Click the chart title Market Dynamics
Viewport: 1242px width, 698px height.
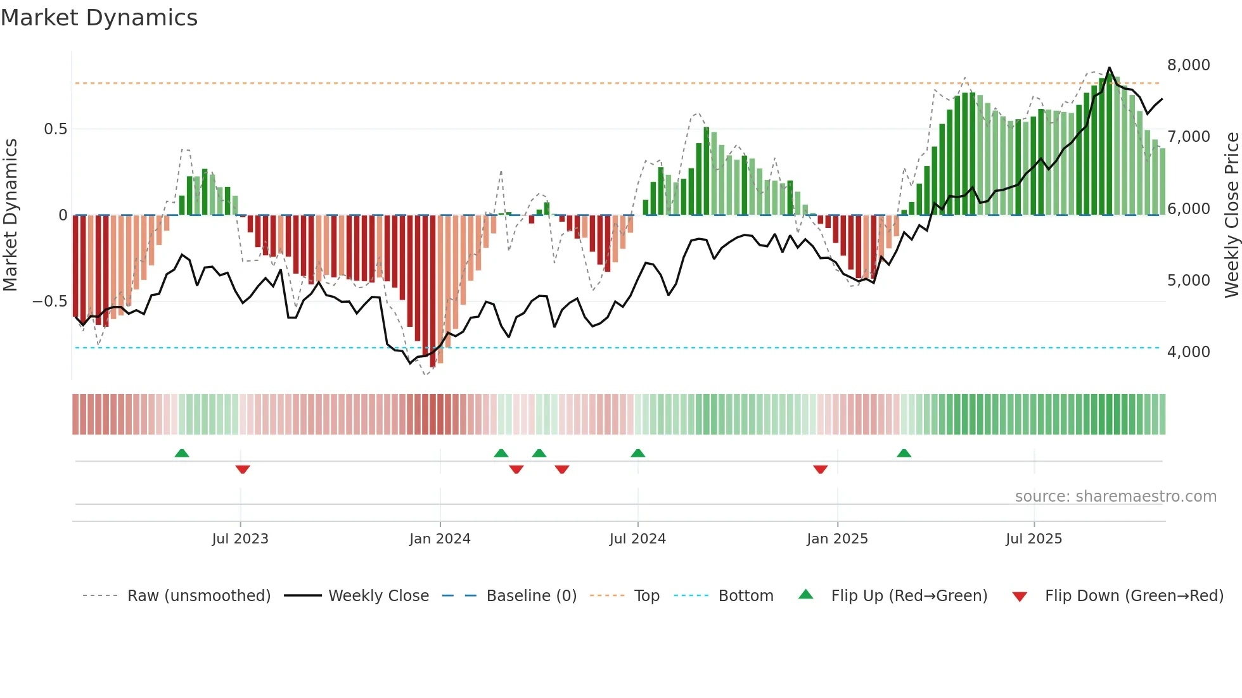pyautogui.click(x=99, y=18)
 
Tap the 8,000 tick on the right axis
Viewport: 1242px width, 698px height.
pyautogui.click(x=1188, y=65)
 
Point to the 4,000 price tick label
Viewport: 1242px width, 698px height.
pyautogui.click(x=1188, y=352)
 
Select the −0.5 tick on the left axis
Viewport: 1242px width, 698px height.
pyautogui.click(x=49, y=301)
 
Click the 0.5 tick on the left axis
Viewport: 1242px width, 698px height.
pyautogui.click(x=55, y=129)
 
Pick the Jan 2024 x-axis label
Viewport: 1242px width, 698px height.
pyautogui.click(x=440, y=539)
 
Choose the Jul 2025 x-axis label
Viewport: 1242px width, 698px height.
pyautogui.click(x=1034, y=539)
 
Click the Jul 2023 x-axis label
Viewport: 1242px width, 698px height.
pyautogui.click(x=240, y=539)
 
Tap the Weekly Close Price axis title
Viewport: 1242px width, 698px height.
pyautogui.click(x=1231, y=215)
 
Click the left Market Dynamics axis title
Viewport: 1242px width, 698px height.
pyautogui.click(x=10, y=215)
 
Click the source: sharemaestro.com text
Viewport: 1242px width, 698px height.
pyautogui.click(x=1115, y=497)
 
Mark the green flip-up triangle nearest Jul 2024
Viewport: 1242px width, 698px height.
pyautogui.click(x=638, y=454)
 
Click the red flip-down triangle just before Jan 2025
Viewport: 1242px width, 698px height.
pyautogui.click(x=821, y=469)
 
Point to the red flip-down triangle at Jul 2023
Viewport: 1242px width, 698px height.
pyautogui.click(x=243, y=469)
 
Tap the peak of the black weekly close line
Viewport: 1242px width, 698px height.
pyautogui.click(x=1109, y=68)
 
